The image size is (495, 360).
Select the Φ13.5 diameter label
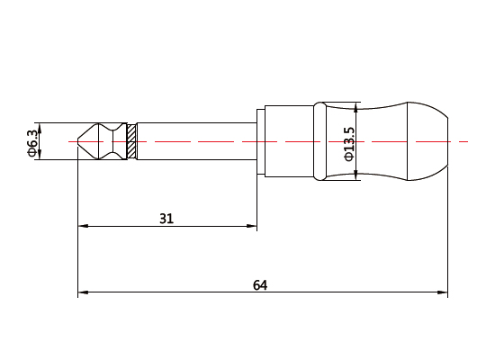click(349, 142)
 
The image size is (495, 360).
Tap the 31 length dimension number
click(166, 218)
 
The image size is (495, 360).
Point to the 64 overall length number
click(260, 285)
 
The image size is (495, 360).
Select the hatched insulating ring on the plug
click(131, 141)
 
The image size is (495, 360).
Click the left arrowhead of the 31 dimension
click(84, 226)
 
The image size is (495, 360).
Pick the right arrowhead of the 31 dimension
click(253, 226)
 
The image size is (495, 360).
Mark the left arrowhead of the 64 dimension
click(84, 292)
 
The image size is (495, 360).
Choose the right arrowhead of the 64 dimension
click(443, 292)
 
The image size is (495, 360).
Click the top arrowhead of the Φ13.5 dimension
click(358, 107)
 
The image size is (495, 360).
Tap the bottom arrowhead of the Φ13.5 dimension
click(358, 175)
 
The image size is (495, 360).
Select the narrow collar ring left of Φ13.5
click(319, 141)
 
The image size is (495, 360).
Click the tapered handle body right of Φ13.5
click(382, 141)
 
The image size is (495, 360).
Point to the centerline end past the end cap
click(466, 141)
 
